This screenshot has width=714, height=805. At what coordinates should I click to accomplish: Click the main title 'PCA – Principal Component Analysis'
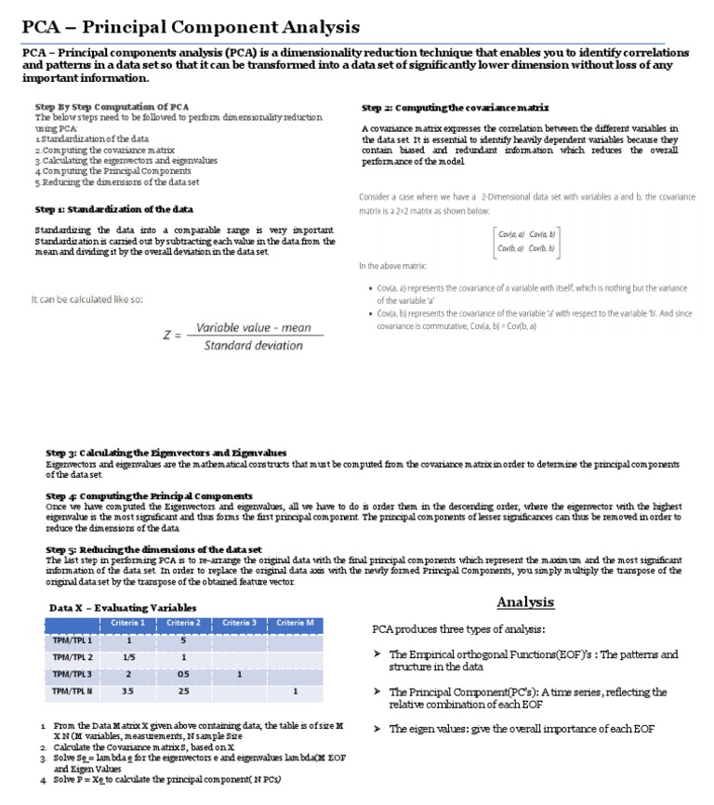coord(191,27)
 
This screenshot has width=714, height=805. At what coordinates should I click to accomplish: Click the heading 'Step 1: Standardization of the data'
coord(113,209)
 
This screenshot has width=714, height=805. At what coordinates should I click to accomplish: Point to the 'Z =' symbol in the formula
coord(172,336)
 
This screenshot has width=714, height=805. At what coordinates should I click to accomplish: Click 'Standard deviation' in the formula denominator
coord(253,346)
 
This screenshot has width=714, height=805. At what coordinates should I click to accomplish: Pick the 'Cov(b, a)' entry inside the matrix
coord(511,248)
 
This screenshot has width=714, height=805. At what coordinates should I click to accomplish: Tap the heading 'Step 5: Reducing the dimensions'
coord(153,549)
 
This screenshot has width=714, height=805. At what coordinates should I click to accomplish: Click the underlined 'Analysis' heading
coord(525,602)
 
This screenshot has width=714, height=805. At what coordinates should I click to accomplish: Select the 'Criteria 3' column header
coord(239,622)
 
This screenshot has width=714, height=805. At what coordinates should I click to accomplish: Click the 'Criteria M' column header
coord(295,622)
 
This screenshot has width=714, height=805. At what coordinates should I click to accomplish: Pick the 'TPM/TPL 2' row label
coord(72,657)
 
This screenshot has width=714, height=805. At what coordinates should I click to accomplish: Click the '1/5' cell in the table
coord(128,657)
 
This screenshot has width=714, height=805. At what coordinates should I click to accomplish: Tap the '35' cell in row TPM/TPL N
coord(128,692)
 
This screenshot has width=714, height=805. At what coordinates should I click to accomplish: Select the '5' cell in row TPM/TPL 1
coord(183,640)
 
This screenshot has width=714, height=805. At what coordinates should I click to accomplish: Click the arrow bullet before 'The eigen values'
coord(377,729)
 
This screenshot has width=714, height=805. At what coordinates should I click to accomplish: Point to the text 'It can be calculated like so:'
coord(87,299)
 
